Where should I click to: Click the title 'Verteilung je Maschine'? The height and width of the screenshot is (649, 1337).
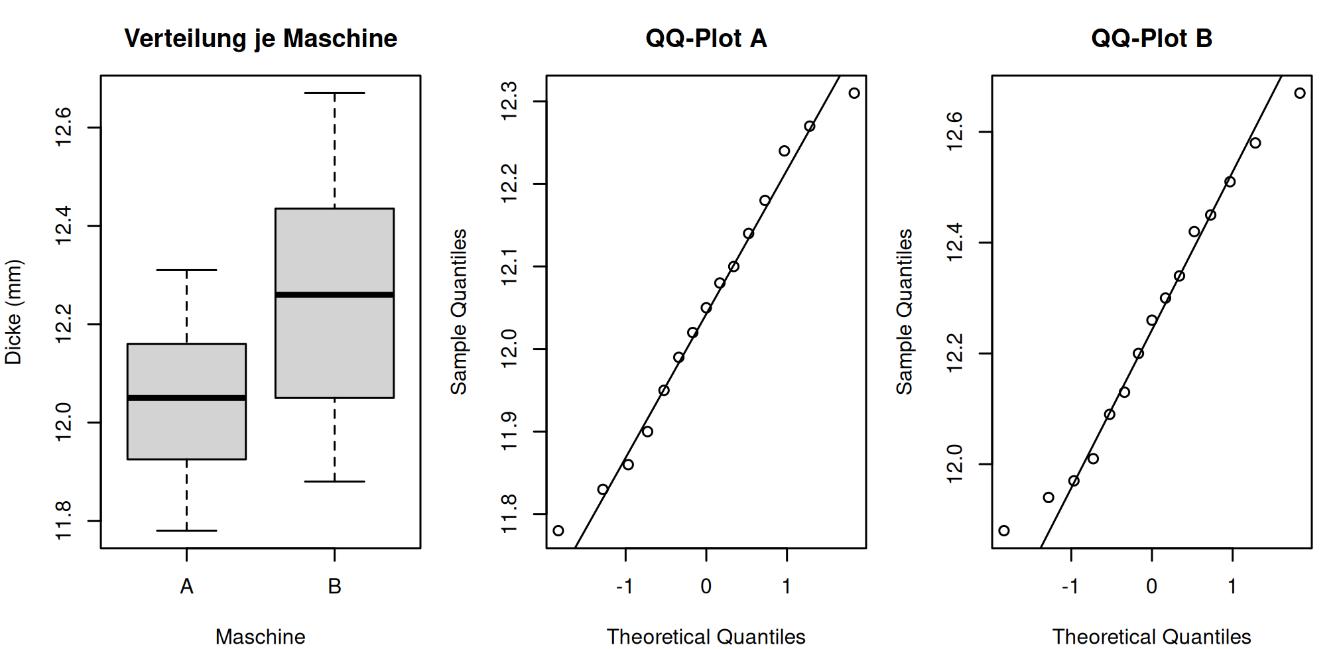pyautogui.click(x=261, y=38)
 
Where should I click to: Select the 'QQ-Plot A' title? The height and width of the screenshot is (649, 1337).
pyautogui.click(x=706, y=38)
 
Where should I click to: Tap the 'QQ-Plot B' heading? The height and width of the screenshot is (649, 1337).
pyautogui.click(x=1152, y=38)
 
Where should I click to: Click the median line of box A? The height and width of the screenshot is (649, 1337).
pyautogui.click(x=186, y=398)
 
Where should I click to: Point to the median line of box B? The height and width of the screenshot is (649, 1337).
pyautogui.click(x=334, y=294)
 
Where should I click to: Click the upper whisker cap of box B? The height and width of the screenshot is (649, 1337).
pyautogui.click(x=334, y=93)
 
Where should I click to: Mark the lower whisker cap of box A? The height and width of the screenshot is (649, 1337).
pyautogui.click(x=186, y=530)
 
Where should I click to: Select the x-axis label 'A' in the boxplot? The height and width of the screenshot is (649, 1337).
pyautogui.click(x=186, y=587)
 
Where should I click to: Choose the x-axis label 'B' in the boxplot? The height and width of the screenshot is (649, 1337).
pyautogui.click(x=334, y=587)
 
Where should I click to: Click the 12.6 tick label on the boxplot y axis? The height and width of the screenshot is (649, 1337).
pyautogui.click(x=63, y=127)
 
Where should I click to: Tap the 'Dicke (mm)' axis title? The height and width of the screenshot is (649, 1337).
pyautogui.click(x=13, y=312)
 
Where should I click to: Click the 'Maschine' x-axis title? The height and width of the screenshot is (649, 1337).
pyautogui.click(x=261, y=636)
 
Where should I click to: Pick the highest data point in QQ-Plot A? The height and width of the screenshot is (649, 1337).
pyautogui.click(x=854, y=93)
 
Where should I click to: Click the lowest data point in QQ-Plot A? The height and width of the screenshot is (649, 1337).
pyautogui.click(x=558, y=530)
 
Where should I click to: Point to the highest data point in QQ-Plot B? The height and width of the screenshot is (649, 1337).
pyautogui.click(x=1300, y=93)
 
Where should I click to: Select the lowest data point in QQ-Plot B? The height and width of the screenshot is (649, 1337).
pyautogui.click(x=1004, y=530)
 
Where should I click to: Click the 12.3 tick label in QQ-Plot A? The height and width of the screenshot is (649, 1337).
pyautogui.click(x=509, y=101)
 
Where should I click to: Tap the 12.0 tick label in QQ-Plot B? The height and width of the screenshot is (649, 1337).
pyautogui.click(x=954, y=464)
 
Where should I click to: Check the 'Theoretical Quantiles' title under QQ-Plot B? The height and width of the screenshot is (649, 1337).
pyautogui.click(x=1152, y=636)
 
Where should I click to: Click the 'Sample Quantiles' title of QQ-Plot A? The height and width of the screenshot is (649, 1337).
pyautogui.click(x=459, y=312)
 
